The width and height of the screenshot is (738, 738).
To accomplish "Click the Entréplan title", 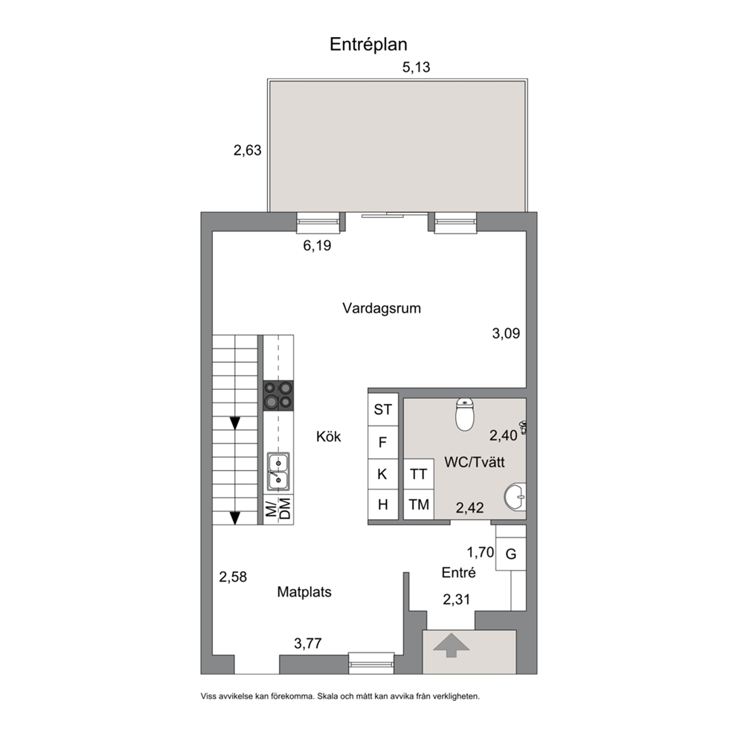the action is click(x=368, y=44).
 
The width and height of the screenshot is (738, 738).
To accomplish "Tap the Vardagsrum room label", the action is click(x=381, y=309).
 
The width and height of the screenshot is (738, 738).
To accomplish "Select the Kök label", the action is click(x=329, y=437).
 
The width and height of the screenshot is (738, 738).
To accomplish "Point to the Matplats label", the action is click(x=304, y=591).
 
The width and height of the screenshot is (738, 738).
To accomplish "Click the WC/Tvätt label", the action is click(x=475, y=462).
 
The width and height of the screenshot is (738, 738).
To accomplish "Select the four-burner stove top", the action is click(x=278, y=395).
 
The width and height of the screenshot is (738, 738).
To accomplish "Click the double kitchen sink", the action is click(x=278, y=472).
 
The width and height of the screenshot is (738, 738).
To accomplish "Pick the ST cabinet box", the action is click(x=383, y=409).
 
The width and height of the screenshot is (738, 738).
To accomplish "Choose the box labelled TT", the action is click(x=418, y=474).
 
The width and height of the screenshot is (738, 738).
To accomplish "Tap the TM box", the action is click(x=418, y=504).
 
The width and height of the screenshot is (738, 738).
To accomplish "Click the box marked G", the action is click(x=510, y=554).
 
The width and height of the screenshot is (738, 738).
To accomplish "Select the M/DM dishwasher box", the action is click(x=278, y=509).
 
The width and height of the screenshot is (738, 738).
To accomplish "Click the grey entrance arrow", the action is click(x=451, y=645).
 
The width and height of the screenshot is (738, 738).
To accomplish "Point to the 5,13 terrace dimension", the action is click(x=416, y=67).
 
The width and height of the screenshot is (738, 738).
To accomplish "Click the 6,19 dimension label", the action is click(x=317, y=246).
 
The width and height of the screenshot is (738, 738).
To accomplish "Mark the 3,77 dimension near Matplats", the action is click(x=308, y=643).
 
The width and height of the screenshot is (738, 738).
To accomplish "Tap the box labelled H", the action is click(x=383, y=504).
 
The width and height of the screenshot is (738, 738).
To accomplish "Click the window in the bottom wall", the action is click(x=371, y=663).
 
